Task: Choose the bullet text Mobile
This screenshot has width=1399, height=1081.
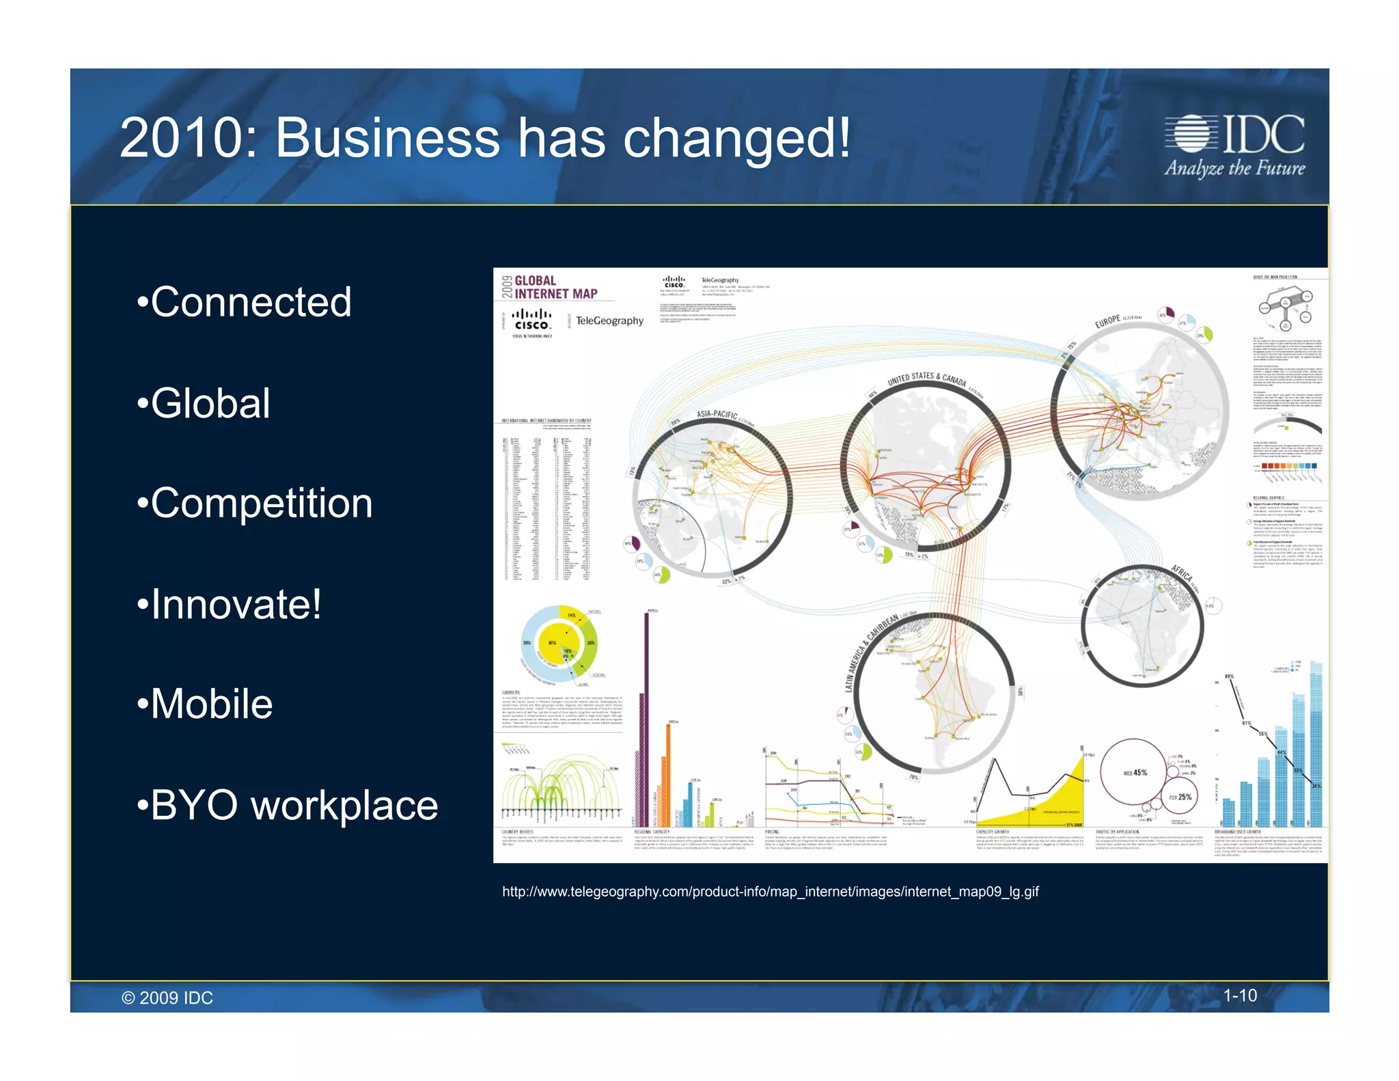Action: [211, 704]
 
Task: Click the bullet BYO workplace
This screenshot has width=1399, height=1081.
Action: [294, 806]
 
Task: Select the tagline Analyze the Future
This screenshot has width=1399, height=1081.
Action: [1234, 169]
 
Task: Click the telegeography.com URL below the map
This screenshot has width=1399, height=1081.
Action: [770, 892]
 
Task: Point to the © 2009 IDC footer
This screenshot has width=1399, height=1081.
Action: [167, 998]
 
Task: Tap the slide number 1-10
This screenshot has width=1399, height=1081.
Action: [1239, 996]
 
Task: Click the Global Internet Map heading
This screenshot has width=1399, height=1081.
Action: [555, 287]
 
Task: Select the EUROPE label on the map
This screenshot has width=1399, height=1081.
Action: [1107, 321]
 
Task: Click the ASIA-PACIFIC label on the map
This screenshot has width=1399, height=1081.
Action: [717, 414]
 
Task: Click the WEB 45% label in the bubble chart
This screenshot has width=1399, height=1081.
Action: [1135, 773]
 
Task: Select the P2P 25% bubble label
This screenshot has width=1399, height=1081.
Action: [1180, 797]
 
